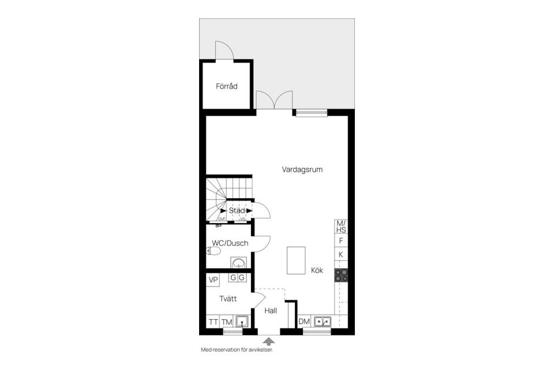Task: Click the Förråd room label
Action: (x=227, y=86)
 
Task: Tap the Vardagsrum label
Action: (x=302, y=170)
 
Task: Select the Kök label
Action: (x=317, y=270)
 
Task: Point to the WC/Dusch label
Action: (x=230, y=243)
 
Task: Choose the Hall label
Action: (x=271, y=310)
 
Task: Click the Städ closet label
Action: (x=237, y=211)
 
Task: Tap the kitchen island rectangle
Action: (x=296, y=260)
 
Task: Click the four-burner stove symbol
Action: (x=341, y=276)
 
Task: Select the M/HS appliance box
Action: (x=341, y=226)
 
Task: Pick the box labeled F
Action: (x=341, y=241)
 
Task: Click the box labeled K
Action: (x=341, y=254)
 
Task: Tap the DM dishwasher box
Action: (x=304, y=322)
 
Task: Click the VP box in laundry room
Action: (x=214, y=280)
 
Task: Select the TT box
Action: (x=214, y=322)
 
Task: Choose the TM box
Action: (x=227, y=322)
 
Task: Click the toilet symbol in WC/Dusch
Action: (x=214, y=251)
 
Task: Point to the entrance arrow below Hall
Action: (x=268, y=342)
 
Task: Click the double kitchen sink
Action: (x=322, y=321)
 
